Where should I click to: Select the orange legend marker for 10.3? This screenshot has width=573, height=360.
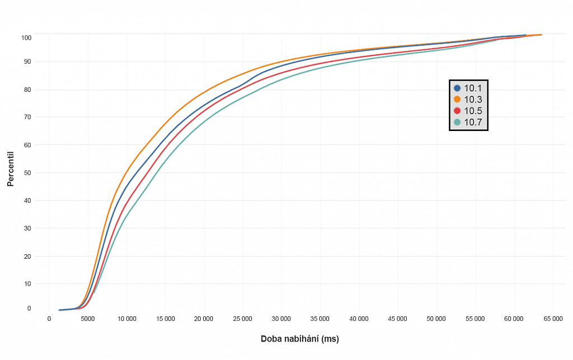[457, 99]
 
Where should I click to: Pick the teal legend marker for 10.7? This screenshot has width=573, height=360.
[457, 122]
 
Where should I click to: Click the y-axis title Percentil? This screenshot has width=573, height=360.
[10, 168]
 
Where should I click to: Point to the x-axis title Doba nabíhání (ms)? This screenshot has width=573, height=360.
[300, 339]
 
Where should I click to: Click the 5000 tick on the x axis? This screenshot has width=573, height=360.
[88, 319]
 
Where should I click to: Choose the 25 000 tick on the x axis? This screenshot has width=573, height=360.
[242, 319]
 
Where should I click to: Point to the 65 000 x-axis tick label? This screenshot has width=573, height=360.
[553, 319]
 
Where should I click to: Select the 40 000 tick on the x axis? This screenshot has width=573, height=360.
[359, 319]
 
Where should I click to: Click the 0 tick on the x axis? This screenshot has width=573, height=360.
[49, 319]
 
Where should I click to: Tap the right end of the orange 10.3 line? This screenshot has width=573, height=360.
[541, 35]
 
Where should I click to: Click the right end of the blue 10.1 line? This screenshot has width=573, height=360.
[526, 35]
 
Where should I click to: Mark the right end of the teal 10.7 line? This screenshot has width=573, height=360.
[496, 41]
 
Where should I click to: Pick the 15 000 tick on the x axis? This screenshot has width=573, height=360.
[165, 319]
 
